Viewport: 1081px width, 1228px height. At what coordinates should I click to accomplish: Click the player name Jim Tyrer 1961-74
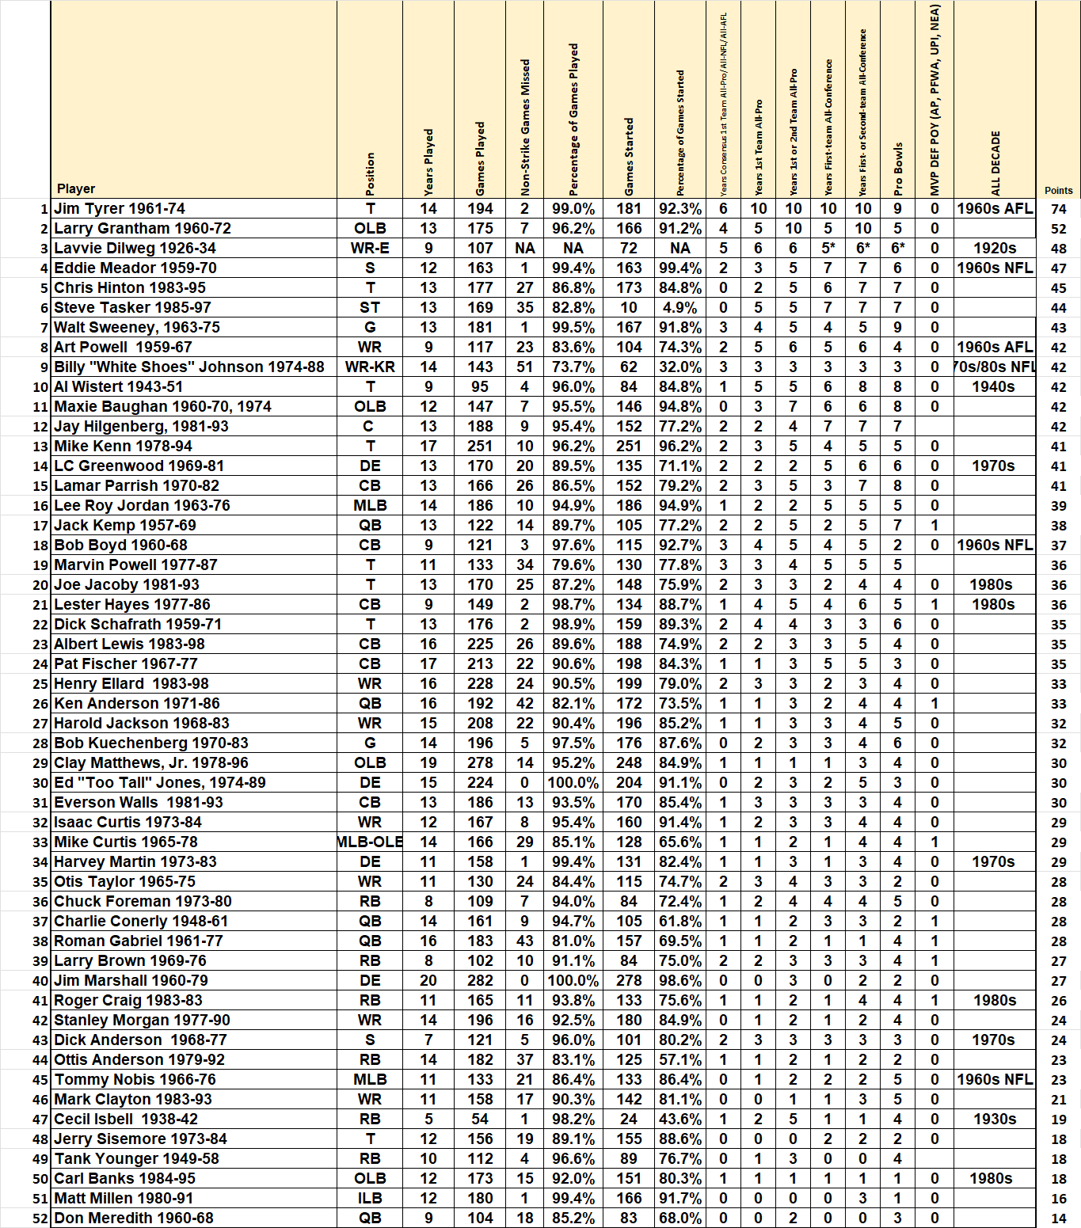(120, 209)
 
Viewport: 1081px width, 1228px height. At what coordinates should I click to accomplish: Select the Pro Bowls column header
(898, 169)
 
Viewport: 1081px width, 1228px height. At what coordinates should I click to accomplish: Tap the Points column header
(1058, 191)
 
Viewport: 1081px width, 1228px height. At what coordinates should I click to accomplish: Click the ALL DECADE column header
(995, 163)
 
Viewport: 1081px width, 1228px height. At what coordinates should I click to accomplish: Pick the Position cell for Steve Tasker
(370, 308)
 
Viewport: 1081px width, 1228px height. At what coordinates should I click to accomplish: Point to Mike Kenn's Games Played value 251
(480, 447)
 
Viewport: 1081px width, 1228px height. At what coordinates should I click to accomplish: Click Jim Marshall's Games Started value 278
(629, 981)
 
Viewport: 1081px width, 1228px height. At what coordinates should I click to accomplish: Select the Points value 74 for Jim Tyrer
(1059, 209)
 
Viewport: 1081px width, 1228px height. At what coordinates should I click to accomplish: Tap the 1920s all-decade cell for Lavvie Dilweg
(995, 249)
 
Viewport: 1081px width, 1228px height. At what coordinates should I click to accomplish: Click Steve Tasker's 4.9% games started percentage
(680, 308)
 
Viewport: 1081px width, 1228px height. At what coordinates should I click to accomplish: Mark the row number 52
(40, 1218)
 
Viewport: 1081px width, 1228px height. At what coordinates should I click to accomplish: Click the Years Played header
(428, 162)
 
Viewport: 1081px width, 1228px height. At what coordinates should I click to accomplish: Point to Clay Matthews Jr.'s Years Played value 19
(428, 763)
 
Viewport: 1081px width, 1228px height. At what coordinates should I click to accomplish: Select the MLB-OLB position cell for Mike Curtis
(370, 842)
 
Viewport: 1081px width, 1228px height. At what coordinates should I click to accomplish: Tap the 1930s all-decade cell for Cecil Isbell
(995, 1120)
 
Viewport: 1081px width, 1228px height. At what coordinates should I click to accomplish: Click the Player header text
(76, 189)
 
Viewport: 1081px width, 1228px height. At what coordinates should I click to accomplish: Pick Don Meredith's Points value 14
(1059, 1218)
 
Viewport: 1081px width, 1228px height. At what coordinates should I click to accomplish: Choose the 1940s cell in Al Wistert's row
(994, 387)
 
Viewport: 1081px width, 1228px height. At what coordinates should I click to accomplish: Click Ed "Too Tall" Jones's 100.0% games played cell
(573, 783)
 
